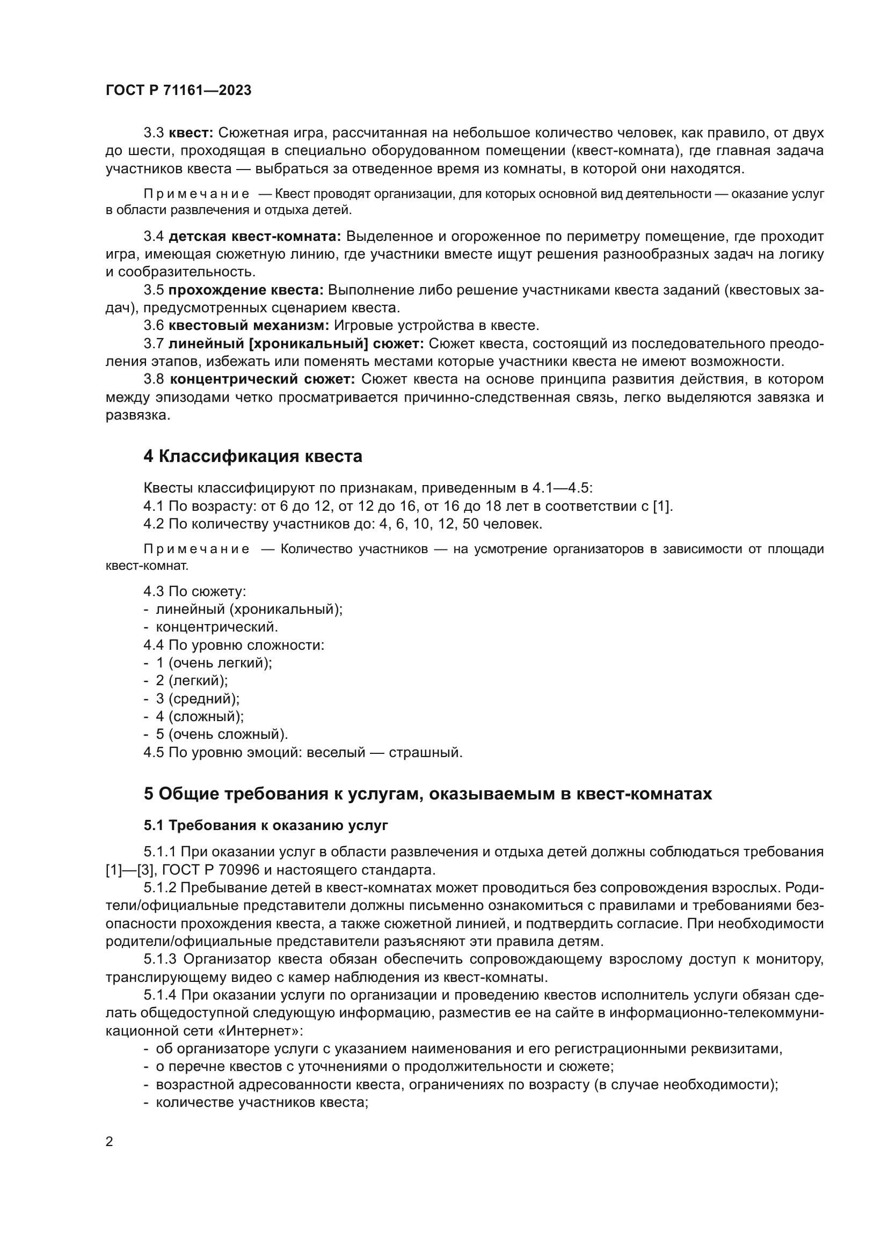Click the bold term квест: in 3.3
point(191,133)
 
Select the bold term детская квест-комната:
point(255,236)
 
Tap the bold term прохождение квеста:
point(246,290)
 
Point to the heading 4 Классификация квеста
point(253,456)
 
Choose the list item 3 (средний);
point(198,699)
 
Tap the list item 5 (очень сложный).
point(221,734)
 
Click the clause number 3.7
point(154,343)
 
